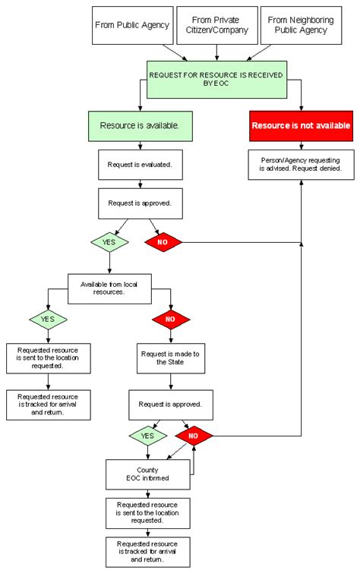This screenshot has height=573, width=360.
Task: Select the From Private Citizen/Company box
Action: point(216,25)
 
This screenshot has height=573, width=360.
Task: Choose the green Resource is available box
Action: point(140,125)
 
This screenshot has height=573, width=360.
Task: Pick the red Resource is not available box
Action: point(301,125)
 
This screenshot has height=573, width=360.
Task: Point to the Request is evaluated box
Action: point(140,164)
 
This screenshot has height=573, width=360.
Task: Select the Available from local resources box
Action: point(109,288)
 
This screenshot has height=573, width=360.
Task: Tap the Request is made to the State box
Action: point(170,357)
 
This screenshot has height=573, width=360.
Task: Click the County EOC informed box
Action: point(148,474)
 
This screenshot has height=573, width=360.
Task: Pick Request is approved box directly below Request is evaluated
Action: point(140,203)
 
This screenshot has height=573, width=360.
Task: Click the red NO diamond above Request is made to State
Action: point(170,320)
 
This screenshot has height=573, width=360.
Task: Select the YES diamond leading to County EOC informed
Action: point(148,436)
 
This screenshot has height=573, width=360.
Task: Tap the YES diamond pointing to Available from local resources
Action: point(109,242)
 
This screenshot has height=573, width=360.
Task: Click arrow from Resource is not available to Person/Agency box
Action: point(301,144)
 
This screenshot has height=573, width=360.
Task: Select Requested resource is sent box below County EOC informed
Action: point(148,512)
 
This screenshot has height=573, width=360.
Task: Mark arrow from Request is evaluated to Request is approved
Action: point(140,184)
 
